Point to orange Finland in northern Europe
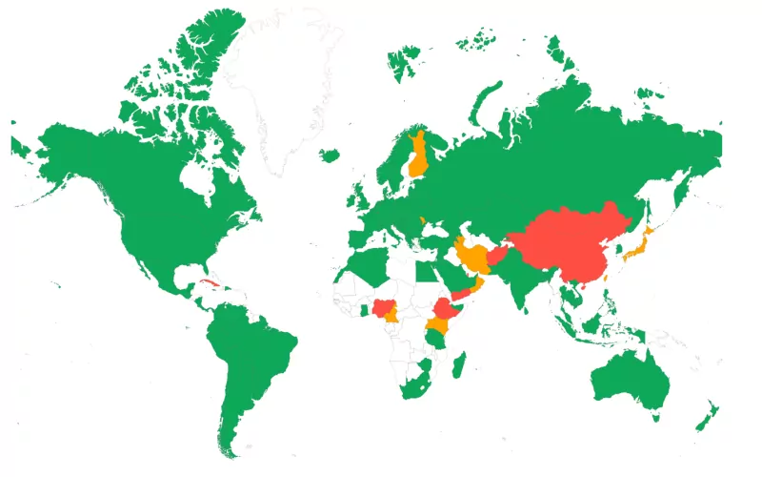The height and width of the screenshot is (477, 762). pyautogui.click(x=417, y=157)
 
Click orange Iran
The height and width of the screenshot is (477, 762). pyautogui.click(x=471, y=256)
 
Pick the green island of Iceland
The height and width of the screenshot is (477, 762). pyautogui.click(x=331, y=155)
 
